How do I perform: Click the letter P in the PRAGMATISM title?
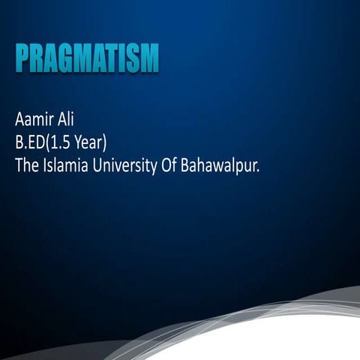[x=22, y=58]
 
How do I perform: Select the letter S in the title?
[x=134, y=58]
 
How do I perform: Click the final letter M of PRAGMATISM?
[x=150, y=58]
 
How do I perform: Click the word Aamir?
[x=34, y=118]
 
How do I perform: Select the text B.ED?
[x=31, y=142]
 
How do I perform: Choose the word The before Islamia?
[x=26, y=165]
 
